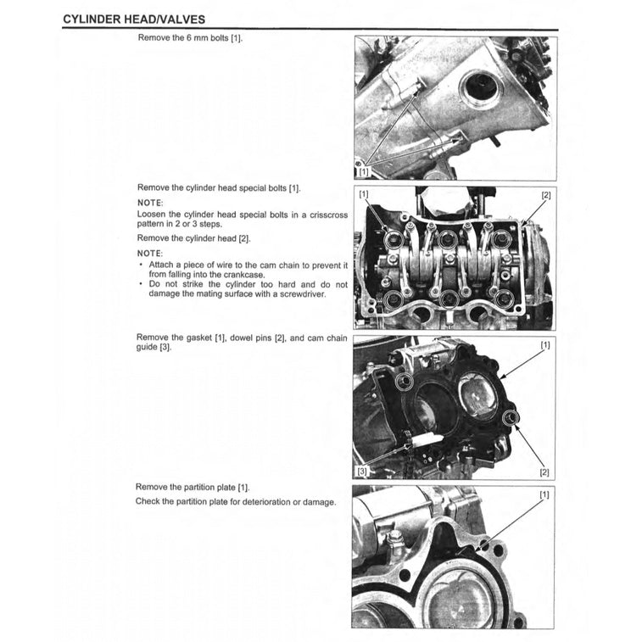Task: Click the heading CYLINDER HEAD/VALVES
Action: pos(133,18)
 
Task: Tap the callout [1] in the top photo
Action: pos(364,170)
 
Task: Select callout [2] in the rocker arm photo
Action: pos(545,195)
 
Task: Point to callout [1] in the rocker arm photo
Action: pos(364,195)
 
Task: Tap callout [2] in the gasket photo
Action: pos(544,472)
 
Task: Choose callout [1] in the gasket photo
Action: pos(544,345)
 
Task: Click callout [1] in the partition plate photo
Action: pos(544,494)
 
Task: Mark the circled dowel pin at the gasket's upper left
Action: pos(406,380)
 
